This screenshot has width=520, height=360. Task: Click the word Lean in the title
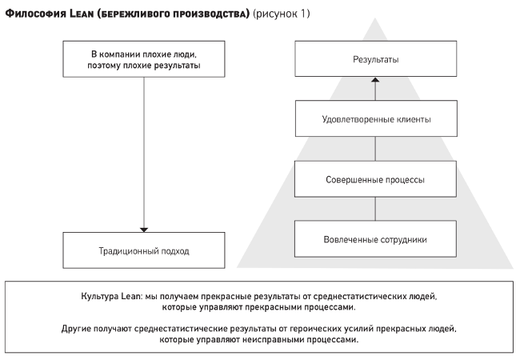[82, 14]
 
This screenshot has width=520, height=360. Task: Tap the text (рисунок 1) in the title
[282, 14]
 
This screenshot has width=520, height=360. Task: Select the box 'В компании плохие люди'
[144, 59]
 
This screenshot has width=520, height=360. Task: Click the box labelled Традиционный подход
[144, 250]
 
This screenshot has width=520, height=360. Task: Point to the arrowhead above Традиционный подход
[144, 230]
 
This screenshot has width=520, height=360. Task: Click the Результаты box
[376, 58]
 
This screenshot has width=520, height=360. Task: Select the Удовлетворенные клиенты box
[377, 118]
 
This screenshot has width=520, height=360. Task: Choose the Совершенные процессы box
[375, 179]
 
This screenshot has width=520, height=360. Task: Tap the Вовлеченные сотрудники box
[375, 238]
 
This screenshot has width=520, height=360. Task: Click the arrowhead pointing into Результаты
[375, 79]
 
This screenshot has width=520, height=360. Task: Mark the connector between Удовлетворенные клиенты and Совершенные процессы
[375, 149]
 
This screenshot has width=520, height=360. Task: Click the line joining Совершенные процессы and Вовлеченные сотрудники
[375, 209]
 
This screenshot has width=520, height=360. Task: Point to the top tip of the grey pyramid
[375, 18]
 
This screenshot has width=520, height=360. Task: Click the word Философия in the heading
[36, 14]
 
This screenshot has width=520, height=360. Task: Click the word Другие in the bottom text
[76, 329]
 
